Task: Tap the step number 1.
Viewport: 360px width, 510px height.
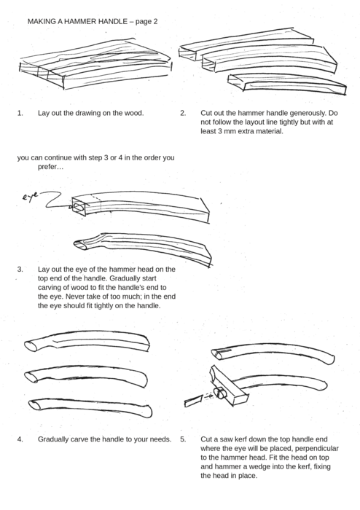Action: coord(20,114)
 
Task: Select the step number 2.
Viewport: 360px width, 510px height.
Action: coord(183,114)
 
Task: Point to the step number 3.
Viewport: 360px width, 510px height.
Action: coord(20,269)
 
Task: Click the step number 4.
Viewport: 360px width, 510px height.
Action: coord(20,439)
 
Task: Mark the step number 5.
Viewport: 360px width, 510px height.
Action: coord(183,439)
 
